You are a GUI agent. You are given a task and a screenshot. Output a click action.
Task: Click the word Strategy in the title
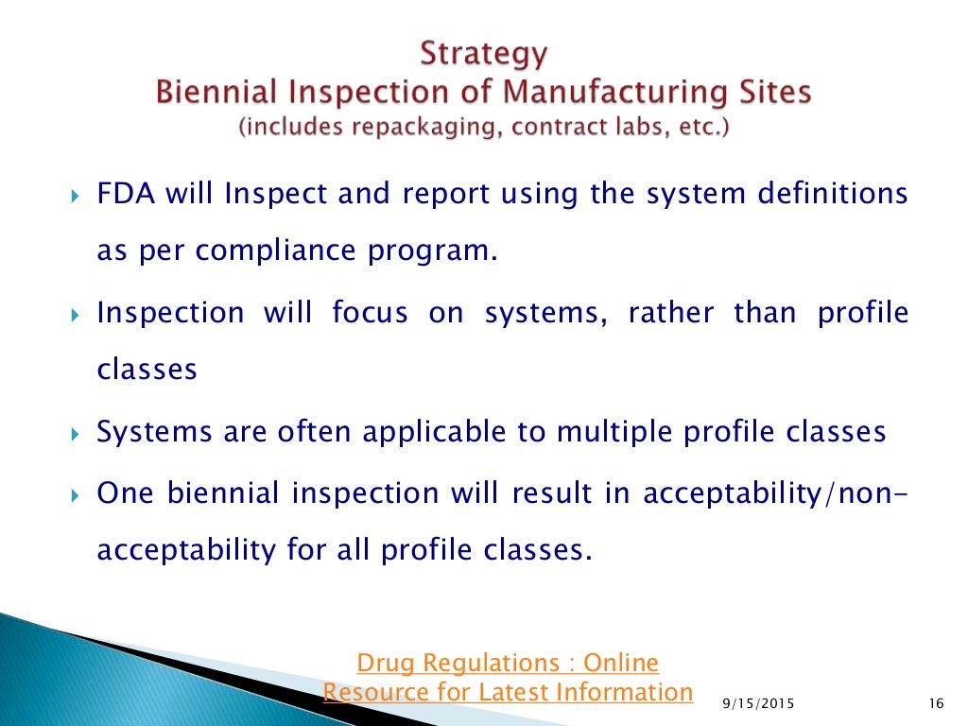[x=483, y=54]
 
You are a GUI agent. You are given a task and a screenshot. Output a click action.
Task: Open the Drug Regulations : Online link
[x=508, y=662]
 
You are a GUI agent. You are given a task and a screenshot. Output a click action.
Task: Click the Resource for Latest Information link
[x=508, y=692]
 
